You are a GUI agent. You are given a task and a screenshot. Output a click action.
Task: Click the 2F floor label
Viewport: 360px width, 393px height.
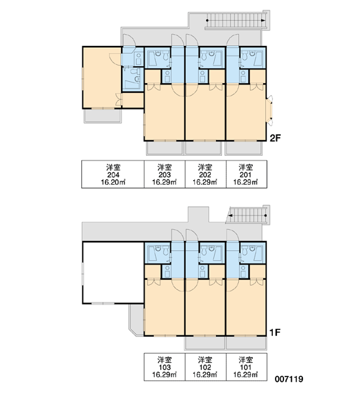click(275, 138)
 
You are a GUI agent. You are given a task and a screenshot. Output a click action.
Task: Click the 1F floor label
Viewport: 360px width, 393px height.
click(274, 332)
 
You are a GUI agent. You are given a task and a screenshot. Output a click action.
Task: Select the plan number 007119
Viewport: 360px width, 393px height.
click(289, 379)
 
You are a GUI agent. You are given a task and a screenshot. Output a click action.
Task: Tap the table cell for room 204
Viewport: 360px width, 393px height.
click(113, 174)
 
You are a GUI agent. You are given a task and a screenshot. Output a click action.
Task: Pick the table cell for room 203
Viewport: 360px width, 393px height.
click(164, 174)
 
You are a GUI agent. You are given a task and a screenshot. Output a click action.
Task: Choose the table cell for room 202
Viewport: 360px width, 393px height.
click(206, 174)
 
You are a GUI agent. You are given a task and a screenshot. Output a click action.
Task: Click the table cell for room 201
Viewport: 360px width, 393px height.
click(246, 174)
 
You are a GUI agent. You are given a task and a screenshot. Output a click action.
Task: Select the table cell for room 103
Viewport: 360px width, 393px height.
click(164, 367)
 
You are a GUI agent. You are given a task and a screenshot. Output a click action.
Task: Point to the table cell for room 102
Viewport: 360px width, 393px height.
click(206, 367)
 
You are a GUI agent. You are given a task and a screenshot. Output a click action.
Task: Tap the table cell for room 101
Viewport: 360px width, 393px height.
click(246, 367)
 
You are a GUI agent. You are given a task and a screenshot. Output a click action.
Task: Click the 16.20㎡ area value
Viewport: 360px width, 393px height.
click(113, 182)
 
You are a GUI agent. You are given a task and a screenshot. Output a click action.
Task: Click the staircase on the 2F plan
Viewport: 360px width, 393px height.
click(237, 20)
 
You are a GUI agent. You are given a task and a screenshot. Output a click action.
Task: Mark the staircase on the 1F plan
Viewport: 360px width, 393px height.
click(248, 215)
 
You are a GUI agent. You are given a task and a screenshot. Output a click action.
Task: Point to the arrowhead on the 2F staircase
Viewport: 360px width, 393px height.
click(263, 20)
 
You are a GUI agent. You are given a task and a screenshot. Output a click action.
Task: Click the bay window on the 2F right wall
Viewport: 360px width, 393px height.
click(270, 110)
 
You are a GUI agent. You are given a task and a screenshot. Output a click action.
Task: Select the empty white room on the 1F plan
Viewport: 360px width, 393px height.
click(113, 272)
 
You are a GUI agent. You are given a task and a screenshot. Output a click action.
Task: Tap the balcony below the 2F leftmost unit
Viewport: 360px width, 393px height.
click(103, 116)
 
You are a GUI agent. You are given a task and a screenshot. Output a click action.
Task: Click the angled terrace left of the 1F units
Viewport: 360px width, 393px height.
click(137, 320)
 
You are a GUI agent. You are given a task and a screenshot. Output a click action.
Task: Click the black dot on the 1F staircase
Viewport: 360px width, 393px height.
click(266, 215)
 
